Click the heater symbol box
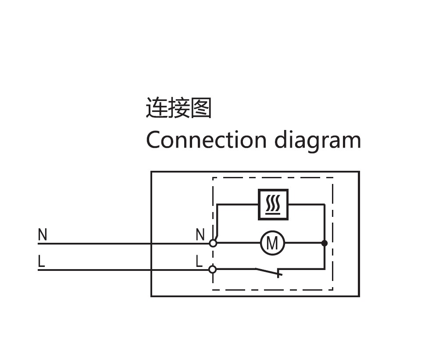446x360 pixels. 273,204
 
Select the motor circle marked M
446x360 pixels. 272,243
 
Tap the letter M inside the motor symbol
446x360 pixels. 272,243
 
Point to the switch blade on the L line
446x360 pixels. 268,272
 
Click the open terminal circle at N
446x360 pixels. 213,243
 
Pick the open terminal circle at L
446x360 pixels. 213,269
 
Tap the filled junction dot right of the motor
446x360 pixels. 325,243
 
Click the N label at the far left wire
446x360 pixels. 43,235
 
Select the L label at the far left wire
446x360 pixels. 41,262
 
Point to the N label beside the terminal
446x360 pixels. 200,235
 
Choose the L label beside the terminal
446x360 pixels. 199,262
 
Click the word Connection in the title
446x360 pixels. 206,140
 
